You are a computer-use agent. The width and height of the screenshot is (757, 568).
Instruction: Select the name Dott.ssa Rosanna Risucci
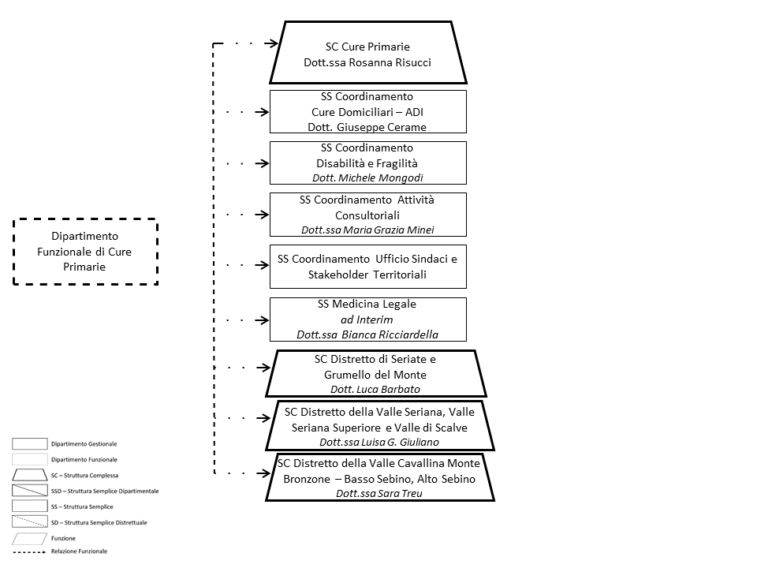click(367, 62)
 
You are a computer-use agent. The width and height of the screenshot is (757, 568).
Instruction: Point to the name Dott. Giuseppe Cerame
click(367, 127)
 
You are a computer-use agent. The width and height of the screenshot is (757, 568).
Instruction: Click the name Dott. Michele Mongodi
click(367, 178)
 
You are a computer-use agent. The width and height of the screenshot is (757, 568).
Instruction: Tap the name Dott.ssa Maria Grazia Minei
click(367, 230)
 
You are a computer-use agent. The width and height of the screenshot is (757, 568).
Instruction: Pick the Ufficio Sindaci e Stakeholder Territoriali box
click(367, 267)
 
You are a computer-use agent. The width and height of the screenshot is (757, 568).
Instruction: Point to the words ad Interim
click(367, 319)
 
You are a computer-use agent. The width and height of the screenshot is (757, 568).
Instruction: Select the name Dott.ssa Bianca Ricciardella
click(367, 334)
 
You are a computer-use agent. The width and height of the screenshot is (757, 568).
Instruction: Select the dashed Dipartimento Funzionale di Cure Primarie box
click(85, 251)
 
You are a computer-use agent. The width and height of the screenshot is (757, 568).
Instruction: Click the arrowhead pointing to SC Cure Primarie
click(274, 44)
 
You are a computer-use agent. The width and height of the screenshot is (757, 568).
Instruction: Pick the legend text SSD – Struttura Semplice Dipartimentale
click(105, 491)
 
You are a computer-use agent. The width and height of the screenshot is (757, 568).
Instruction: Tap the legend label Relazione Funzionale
click(79, 551)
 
